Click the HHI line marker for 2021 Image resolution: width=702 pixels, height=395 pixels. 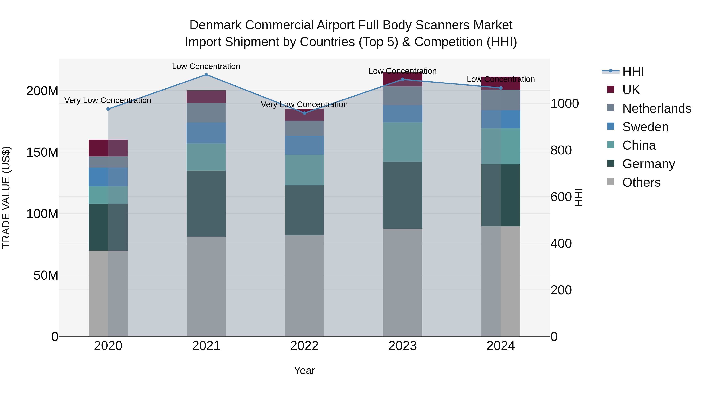pyautogui.click(x=206, y=75)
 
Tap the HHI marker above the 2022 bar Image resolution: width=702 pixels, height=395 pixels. pyautogui.click(x=304, y=113)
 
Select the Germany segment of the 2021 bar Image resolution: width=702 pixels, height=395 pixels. pyautogui.click(x=206, y=204)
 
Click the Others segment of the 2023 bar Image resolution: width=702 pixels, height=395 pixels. pyautogui.click(x=402, y=282)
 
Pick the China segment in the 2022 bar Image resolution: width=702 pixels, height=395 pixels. pyautogui.click(x=304, y=170)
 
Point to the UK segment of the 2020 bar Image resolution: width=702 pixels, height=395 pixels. pyautogui.click(x=108, y=148)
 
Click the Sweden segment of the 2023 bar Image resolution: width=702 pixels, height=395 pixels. pyautogui.click(x=402, y=114)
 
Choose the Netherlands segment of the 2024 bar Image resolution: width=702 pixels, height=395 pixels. pyautogui.click(x=501, y=100)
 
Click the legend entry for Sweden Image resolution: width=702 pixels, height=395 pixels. pyautogui.click(x=645, y=127)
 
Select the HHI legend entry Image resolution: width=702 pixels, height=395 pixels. pyautogui.click(x=633, y=71)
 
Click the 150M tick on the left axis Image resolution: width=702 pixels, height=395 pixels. pyautogui.click(x=42, y=152)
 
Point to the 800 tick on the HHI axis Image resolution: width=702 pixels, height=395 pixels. pyautogui.click(x=561, y=150)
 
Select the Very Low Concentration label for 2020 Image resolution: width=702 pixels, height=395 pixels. pyautogui.click(x=108, y=100)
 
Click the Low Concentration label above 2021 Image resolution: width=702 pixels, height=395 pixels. pyautogui.click(x=206, y=66)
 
